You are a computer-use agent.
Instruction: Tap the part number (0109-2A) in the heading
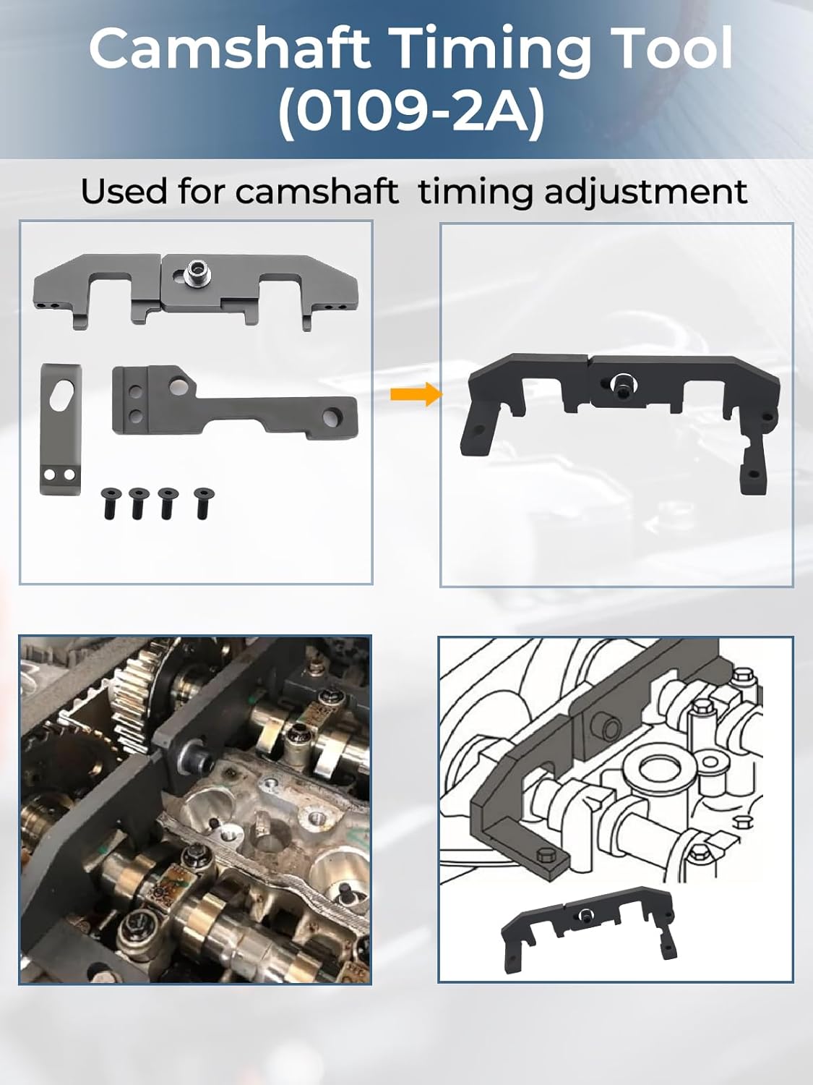coord(411,113)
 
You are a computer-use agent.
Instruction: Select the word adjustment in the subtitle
coord(645,192)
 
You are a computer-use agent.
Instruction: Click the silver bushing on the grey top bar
coord(195,273)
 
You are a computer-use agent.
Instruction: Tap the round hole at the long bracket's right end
coord(337,417)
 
